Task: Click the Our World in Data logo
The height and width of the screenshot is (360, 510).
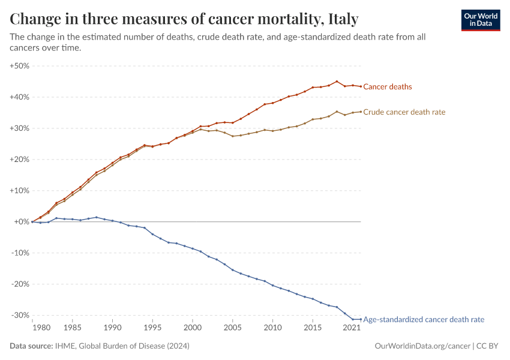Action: point(480,20)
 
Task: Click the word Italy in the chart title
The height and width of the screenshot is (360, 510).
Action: point(340,19)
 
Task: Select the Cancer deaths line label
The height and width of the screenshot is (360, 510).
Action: point(388,87)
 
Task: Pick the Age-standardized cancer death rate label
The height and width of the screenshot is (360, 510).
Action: point(424,320)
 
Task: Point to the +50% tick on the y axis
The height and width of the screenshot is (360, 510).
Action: point(20,66)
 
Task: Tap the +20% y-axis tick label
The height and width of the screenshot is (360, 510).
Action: point(20,160)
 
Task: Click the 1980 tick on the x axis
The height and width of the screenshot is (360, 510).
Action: point(40,328)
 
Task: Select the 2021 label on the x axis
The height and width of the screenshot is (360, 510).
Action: point(352,328)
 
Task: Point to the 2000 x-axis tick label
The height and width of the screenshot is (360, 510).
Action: point(193,328)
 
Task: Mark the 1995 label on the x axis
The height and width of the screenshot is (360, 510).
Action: point(152,328)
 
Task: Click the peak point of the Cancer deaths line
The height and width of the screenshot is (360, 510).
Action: point(337,82)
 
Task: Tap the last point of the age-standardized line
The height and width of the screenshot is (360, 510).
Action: point(361,319)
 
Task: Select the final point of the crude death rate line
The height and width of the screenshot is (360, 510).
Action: point(361,112)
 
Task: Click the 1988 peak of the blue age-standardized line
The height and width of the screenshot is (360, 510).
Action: point(97,217)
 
